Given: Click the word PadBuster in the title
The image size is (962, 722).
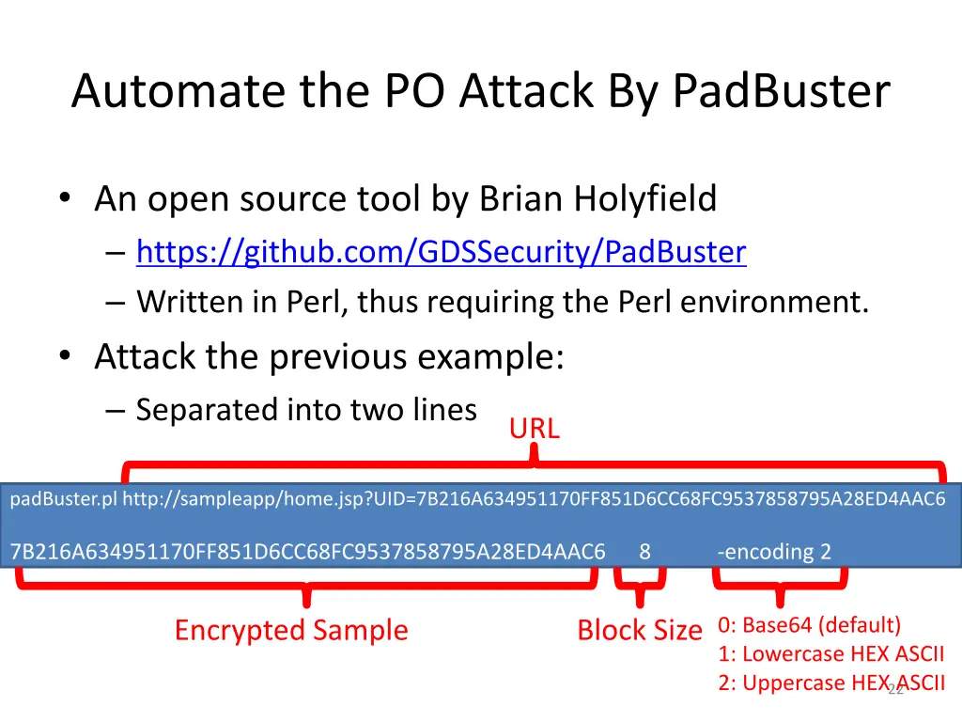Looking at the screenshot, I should click(781, 92).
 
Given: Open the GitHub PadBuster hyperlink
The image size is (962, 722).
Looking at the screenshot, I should click(441, 252).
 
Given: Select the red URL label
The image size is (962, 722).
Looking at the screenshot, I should click(534, 429).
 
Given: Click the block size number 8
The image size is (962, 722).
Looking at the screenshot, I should click(644, 552).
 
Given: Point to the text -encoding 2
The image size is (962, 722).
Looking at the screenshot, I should click(774, 552).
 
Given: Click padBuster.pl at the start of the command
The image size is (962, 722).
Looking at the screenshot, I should click(63, 499).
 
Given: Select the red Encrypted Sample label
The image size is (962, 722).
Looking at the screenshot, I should click(291, 630).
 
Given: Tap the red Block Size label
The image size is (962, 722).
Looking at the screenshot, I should click(639, 630).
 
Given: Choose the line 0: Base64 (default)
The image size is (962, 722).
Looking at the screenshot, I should click(809, 625).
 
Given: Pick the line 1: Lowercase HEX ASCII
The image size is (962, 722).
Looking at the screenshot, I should click(831, 654).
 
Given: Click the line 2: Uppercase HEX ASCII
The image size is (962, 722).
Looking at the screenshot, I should click(831, 683).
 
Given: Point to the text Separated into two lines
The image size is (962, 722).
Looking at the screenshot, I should click(306, 410).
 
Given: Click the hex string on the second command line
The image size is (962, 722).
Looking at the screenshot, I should click(307, 552).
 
